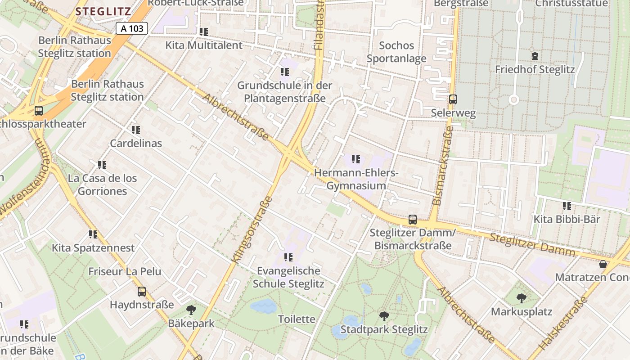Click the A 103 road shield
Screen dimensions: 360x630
[x=132, y=29]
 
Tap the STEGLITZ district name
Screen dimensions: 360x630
[x=103, y=12]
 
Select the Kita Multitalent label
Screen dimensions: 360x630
[x=204, y=45]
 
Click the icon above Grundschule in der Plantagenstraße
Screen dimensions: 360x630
[x=284, y=72]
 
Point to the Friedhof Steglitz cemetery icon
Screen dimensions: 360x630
[x=535, y=56]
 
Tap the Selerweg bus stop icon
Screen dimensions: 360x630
[x=453, y=99]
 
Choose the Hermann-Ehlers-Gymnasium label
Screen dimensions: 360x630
[x=356, y=179]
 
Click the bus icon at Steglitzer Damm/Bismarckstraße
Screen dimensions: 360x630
[x=413, y=220]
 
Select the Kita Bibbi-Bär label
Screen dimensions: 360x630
[x=567, y=219]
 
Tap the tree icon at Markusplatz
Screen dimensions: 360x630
[x=521, y=298]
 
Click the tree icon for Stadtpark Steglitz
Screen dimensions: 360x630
[x=384, y=316]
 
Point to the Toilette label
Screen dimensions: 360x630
[x=297, y=319]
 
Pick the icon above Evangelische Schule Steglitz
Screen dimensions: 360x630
[x=288, y=257]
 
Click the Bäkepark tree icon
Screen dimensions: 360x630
[x=191, y=310]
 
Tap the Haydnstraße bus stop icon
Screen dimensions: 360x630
[x=142, y=292]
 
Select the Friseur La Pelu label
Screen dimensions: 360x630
[x=125, y=271]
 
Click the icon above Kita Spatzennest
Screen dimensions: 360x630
[x=93, y=234]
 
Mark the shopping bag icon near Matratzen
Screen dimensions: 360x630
[x=603, y=264]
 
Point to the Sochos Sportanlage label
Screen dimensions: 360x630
[x=396, y=52]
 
